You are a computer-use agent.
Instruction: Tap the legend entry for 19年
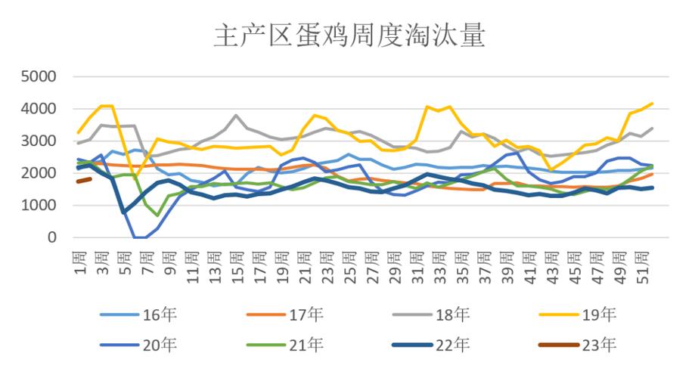pos(601,314)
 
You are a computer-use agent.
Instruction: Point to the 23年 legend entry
pos(601,345)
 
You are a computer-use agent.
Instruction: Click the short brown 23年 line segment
pos(85,180)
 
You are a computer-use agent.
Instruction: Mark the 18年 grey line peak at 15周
pos(236,116)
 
